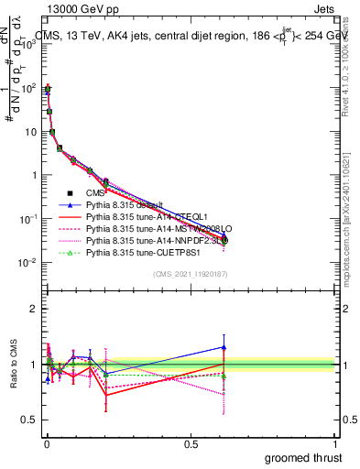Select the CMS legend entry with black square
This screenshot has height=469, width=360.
pyautogui.click(x=95, y=192)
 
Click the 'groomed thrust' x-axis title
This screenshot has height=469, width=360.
pyautogui.click(x=304, y=456)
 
